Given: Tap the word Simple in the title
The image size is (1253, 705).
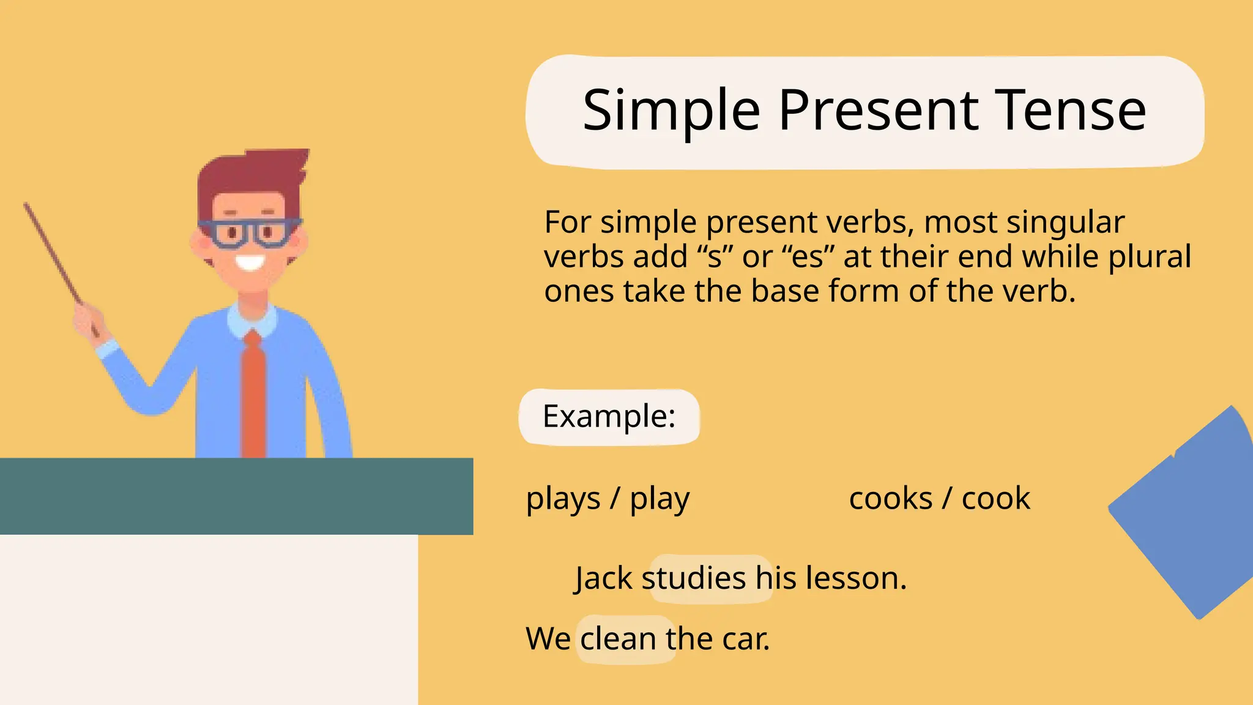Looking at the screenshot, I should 671,111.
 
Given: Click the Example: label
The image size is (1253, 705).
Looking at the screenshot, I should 609,417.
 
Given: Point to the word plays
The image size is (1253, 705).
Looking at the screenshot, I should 563,499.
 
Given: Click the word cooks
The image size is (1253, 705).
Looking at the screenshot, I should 890,498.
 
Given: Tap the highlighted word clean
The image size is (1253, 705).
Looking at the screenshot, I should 619,640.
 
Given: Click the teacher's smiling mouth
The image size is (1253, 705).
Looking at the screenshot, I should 250,263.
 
